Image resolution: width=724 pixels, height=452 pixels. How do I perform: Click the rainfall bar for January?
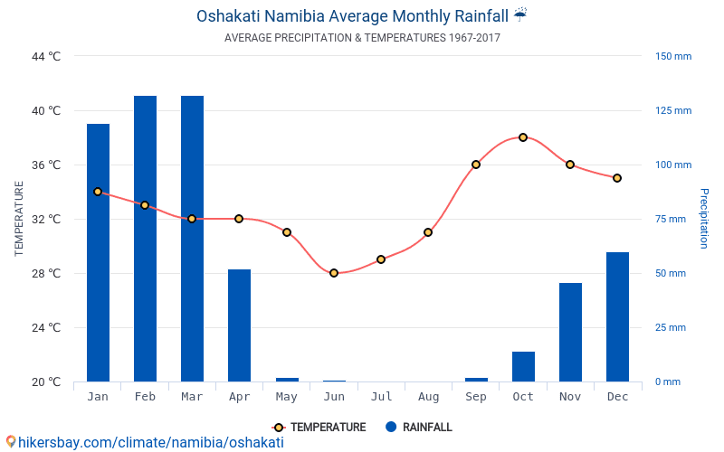(x=98, y=253)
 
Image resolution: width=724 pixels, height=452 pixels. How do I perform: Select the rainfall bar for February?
(x=145, y=239)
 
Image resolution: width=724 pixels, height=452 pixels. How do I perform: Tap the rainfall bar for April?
(x=239, y=325)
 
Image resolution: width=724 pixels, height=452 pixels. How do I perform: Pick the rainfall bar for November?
(x=570, y=332)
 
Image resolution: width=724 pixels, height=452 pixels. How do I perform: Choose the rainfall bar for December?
(x=617, y=316)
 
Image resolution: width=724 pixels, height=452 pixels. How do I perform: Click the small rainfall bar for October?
(x=523, y=366)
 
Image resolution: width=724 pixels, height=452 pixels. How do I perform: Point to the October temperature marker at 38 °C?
(x=523, y=137)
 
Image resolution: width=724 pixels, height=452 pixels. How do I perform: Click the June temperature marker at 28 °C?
(x=334, y=273)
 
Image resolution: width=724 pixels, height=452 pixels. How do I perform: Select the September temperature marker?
(x=476, y=165)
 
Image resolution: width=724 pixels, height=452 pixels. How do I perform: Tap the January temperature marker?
(x=98, y=192)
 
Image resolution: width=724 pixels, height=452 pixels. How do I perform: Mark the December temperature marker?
(x=617, y=178)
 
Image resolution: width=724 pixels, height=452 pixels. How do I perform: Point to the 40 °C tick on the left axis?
(x=45, y=111)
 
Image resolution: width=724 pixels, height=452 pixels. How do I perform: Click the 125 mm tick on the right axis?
(x=673, y=111)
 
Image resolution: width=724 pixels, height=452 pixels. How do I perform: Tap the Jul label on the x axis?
(x=381, y=397)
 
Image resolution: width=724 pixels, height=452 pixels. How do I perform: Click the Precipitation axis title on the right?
(x=704, y=219)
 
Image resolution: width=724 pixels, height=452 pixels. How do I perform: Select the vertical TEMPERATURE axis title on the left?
(x=19, y=219)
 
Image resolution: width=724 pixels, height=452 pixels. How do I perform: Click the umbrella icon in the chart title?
(x=520, y=15)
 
